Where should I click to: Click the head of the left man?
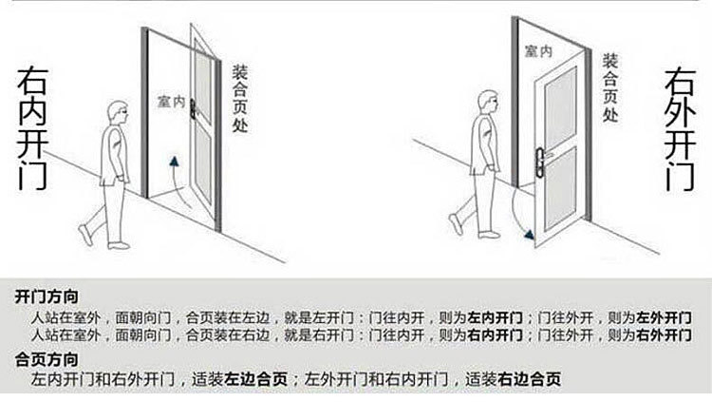click(118, 113)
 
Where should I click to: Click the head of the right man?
click(487, 101)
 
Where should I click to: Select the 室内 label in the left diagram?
click(172, 102)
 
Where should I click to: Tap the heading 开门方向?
click(47, 297)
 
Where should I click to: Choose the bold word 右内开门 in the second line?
click(494, 335)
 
